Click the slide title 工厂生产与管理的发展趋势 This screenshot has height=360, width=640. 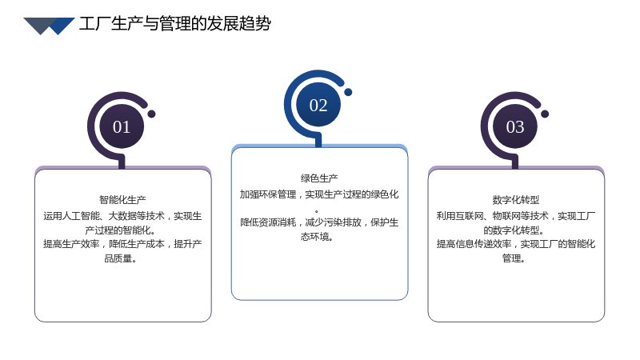pos(174,24)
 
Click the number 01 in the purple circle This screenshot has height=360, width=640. pos(122,127)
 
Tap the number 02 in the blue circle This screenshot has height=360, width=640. pos(318,106)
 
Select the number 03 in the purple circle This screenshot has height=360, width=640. pos(515,127)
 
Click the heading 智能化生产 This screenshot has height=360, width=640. pos(122,199)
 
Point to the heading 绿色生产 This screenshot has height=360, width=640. pos(319,178)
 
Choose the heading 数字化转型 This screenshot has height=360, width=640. pos(516,199)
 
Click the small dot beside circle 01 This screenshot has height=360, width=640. pos(151,114)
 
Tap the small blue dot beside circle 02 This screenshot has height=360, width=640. pos(348,92)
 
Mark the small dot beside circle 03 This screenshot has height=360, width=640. pos(545,114)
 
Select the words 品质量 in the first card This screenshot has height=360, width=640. pos(118,258)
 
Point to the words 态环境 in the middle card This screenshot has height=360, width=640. pos(315,237)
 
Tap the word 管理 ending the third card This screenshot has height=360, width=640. pos(511,258)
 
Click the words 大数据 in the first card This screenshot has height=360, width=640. pos(122,216)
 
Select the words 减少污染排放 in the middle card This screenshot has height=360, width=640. pos(333,222)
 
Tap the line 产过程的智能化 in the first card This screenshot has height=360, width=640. pos(118,230)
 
